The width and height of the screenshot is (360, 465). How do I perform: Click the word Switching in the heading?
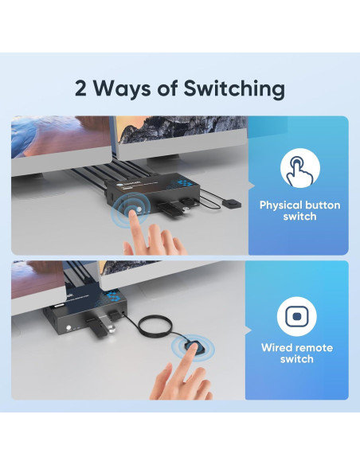234,89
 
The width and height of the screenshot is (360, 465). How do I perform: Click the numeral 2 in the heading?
80,88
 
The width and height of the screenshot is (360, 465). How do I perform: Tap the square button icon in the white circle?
297,316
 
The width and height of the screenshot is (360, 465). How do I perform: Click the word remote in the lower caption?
314,348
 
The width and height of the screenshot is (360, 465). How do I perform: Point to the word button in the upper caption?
323,205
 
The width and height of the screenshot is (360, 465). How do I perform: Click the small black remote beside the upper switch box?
232,205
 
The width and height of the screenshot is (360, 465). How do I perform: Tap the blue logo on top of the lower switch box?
112,295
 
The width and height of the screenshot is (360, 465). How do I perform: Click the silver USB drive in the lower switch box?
107,326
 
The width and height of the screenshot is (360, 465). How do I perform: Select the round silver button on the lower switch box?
70,328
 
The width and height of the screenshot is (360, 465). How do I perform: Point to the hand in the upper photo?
155,234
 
